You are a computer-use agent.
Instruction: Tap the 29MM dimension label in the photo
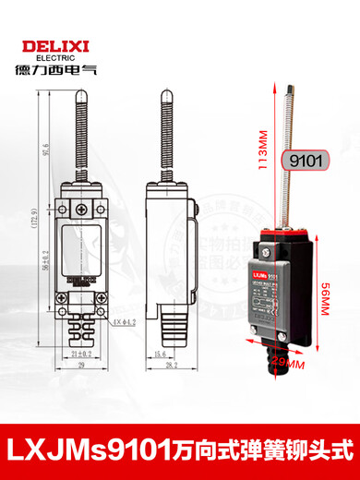click(x=285, y=367)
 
